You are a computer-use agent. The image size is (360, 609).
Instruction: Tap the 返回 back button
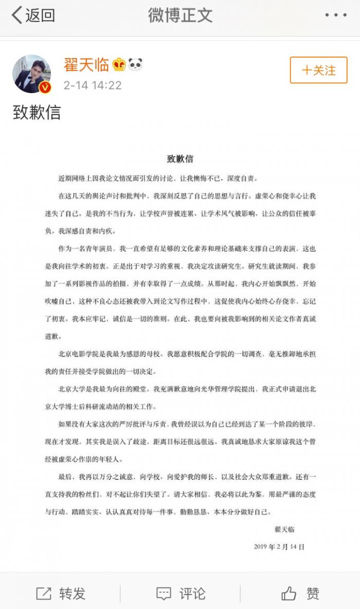pos(33,15)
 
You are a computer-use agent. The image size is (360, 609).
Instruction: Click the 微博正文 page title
pos(180,15)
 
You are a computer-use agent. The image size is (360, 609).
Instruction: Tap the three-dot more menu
pos(335,15)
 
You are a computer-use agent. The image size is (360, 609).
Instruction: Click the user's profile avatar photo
pos(31,74)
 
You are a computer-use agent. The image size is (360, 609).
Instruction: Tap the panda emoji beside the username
pos(135,65)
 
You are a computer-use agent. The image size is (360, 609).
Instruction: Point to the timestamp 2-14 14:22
pos(93,85)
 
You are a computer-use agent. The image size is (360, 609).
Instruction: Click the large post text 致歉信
pos(37,113)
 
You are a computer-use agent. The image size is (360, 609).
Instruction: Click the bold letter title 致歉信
pos(180,158)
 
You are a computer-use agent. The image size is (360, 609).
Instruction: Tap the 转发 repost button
pos(61,594)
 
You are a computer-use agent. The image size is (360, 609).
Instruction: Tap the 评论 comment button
pos(181,594)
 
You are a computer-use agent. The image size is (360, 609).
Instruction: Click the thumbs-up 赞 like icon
pos(289,594)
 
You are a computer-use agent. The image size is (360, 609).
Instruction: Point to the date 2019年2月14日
pos(279,546)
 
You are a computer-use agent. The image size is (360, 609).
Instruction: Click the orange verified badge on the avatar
pos(45,87)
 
